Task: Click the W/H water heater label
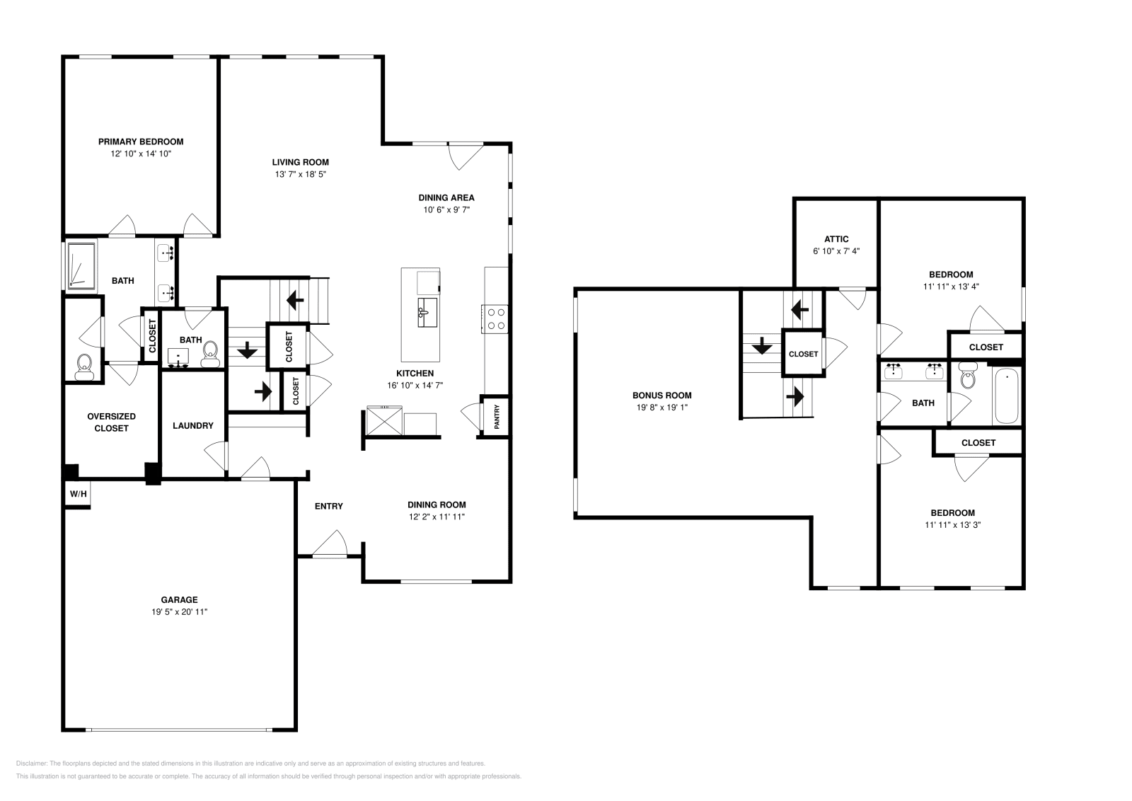click(x=78, y=494)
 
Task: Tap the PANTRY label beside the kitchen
click(x=497, y=417)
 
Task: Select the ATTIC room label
click(x=836, y=239)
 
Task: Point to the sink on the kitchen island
click(x=427, y=312)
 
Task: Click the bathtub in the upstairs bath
click(x=1005, y=396)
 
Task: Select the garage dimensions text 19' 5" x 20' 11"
click(x=179, y=612)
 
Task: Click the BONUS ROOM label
click(x=662, y=396)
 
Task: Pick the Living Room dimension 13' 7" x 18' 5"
click(x=301, y=174)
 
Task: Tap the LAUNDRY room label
click(x=192, y=426)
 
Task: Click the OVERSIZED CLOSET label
click(x=111, y=422)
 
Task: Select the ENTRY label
click(x=328, y=506)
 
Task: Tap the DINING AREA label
click(x=446, y=197)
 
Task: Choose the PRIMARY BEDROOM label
click(x=141, y=142)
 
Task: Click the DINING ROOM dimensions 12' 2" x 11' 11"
click(x=437, y=517)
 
